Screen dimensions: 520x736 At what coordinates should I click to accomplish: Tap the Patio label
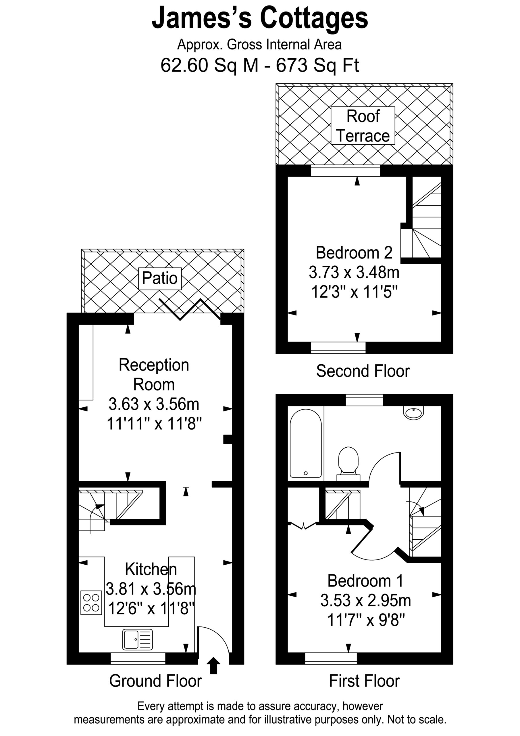pyautogui.click(x=159, y=279)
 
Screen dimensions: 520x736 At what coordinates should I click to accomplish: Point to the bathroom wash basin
pyautogui.click(x=414, y=413)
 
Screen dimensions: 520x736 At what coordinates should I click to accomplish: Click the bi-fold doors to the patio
pyautogui.click(x=190, y=310)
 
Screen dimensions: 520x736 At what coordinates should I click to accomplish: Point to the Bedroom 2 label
pyautogui.click(x=354, y=253)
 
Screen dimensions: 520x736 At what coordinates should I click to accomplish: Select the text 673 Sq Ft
pyautogui.click(x=317, y=65)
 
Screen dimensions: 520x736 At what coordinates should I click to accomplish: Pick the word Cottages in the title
pyautogui.click(x=314, y=19)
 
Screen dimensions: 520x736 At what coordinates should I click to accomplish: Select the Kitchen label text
pyautogui.click(x=151, y=569)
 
